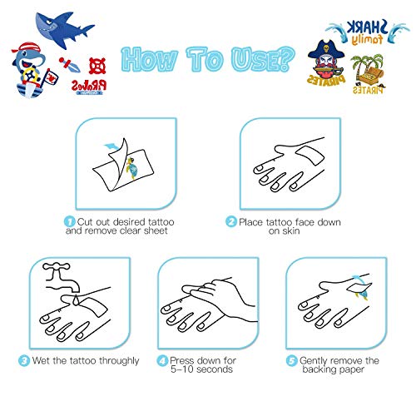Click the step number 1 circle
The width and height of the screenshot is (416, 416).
click(x=67, y=222)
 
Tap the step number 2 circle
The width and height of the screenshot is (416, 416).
click(x=230, y=222)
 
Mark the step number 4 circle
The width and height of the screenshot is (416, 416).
click(x=161, y=360)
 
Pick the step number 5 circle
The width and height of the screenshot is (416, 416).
click(x=292, y=360)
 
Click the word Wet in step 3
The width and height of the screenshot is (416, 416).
click(x=46, y=360)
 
